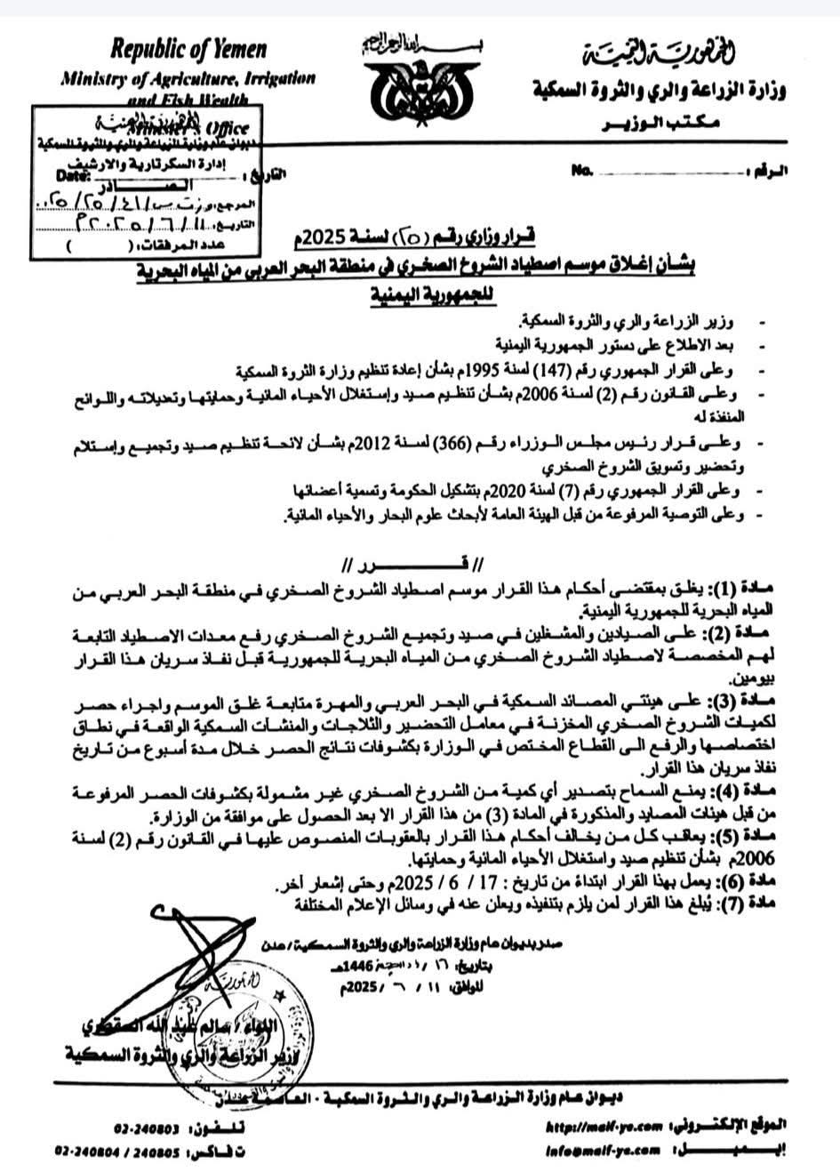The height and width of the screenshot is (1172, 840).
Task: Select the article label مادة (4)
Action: pos(756,791)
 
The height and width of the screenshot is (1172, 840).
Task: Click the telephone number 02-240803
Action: pos(147,1128)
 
